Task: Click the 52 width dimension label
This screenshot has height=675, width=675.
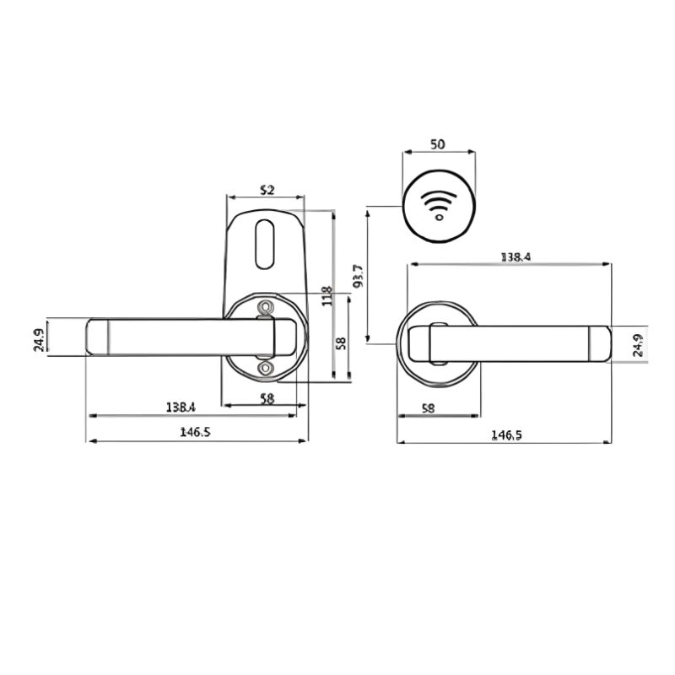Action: coord(267,189)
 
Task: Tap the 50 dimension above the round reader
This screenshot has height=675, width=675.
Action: coord(437,144)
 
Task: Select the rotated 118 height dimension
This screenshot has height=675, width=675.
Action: coord(327,296)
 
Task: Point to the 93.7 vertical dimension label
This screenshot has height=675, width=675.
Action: coord(358,276)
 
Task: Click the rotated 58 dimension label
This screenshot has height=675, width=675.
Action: coord(341,343)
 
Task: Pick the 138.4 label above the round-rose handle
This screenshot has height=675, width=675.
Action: coord(516,257)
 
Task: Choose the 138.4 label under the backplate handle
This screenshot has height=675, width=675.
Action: coord(181,407)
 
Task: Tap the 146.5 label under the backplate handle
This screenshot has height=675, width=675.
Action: coord(195,432)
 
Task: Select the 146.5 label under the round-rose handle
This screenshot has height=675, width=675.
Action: coord(507,435)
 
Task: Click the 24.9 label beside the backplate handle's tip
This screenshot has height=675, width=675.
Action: coord(38,340)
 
